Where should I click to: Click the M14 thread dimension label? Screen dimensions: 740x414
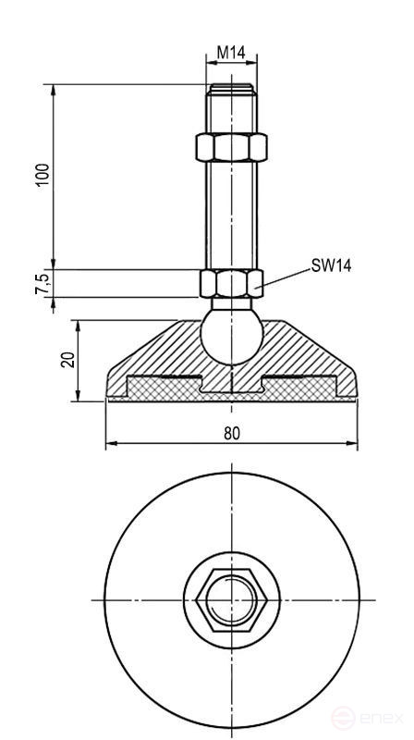pos(231,54)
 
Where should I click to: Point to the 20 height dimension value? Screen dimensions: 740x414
pos(67,360)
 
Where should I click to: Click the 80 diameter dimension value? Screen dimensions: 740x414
pos(231,432)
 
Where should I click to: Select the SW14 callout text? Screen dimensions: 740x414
pos(330,265)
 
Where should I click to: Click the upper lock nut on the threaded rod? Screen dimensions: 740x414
pos(231,147)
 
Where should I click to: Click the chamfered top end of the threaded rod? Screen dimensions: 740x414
pos(231,90)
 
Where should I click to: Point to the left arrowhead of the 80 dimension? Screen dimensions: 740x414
pos(110,444)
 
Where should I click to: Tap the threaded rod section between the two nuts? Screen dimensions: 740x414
pos(231,213)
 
